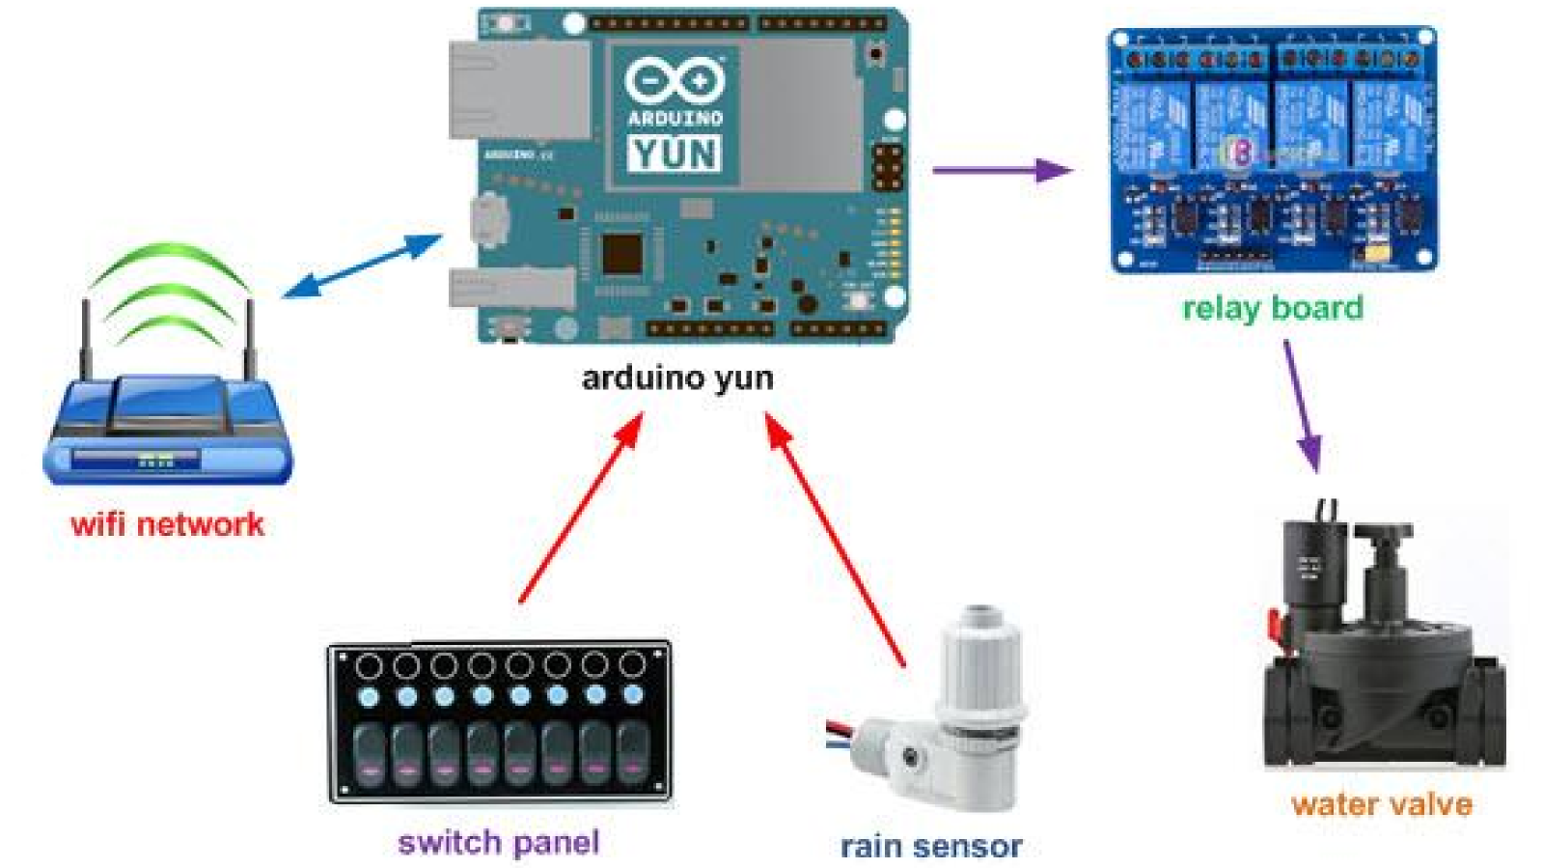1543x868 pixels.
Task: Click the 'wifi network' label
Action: [x=167, y=524]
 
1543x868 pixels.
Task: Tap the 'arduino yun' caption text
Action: [x=677, y=378]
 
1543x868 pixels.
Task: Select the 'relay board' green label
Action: [x=1273, y=308]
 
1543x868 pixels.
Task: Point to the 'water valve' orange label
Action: [x=1382, y=804]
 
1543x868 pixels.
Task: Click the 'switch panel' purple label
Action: [x=499, y=842]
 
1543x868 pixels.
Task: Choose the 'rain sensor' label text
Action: [x=931, y=847]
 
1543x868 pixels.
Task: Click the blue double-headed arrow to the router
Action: [x=363, y=266]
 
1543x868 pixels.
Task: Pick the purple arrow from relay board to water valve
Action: [x=1301, y=406]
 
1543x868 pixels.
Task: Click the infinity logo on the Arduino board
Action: [x=675, y=79]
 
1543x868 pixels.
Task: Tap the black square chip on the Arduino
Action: [x=622, y=255]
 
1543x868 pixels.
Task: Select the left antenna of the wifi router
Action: [x=85, y=338]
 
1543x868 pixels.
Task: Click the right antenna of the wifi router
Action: [x=250, y=338]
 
